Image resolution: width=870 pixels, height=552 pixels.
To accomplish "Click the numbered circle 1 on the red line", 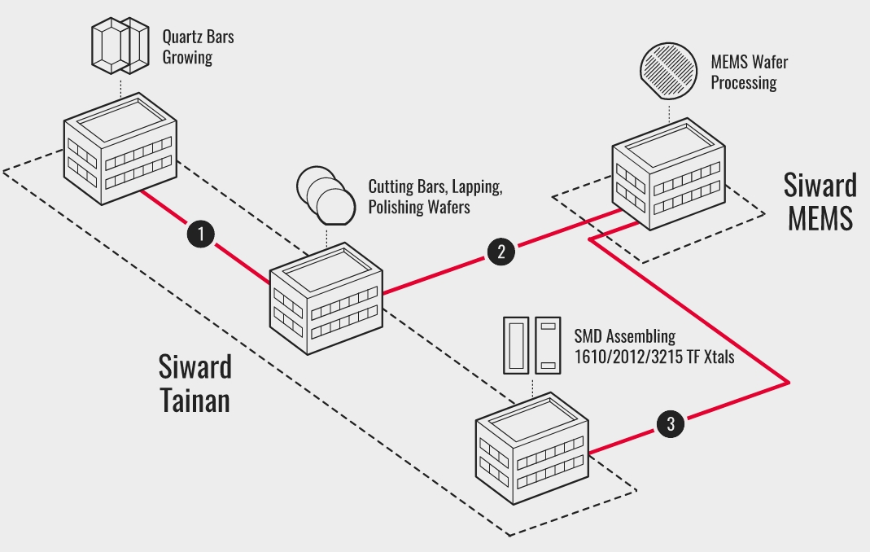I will tap(200, 233).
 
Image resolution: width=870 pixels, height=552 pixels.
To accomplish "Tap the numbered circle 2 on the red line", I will tap(501, 251).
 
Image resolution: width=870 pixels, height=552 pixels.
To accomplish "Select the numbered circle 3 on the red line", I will tap(670, 423).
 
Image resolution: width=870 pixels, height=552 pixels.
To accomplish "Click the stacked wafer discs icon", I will tap(326, 195).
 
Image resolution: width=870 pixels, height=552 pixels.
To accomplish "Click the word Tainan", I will tap(195, 401).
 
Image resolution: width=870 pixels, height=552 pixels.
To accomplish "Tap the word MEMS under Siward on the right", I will tap(820, 217).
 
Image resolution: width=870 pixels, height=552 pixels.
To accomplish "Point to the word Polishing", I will tap(396, 207).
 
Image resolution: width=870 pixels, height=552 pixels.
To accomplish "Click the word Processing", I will tap(743, 82).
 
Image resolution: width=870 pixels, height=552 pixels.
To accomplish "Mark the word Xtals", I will tap(712, 356).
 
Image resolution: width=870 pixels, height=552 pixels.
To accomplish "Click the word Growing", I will tap(187, 58).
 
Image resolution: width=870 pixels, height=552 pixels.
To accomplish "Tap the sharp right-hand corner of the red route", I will tap(789, 380).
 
